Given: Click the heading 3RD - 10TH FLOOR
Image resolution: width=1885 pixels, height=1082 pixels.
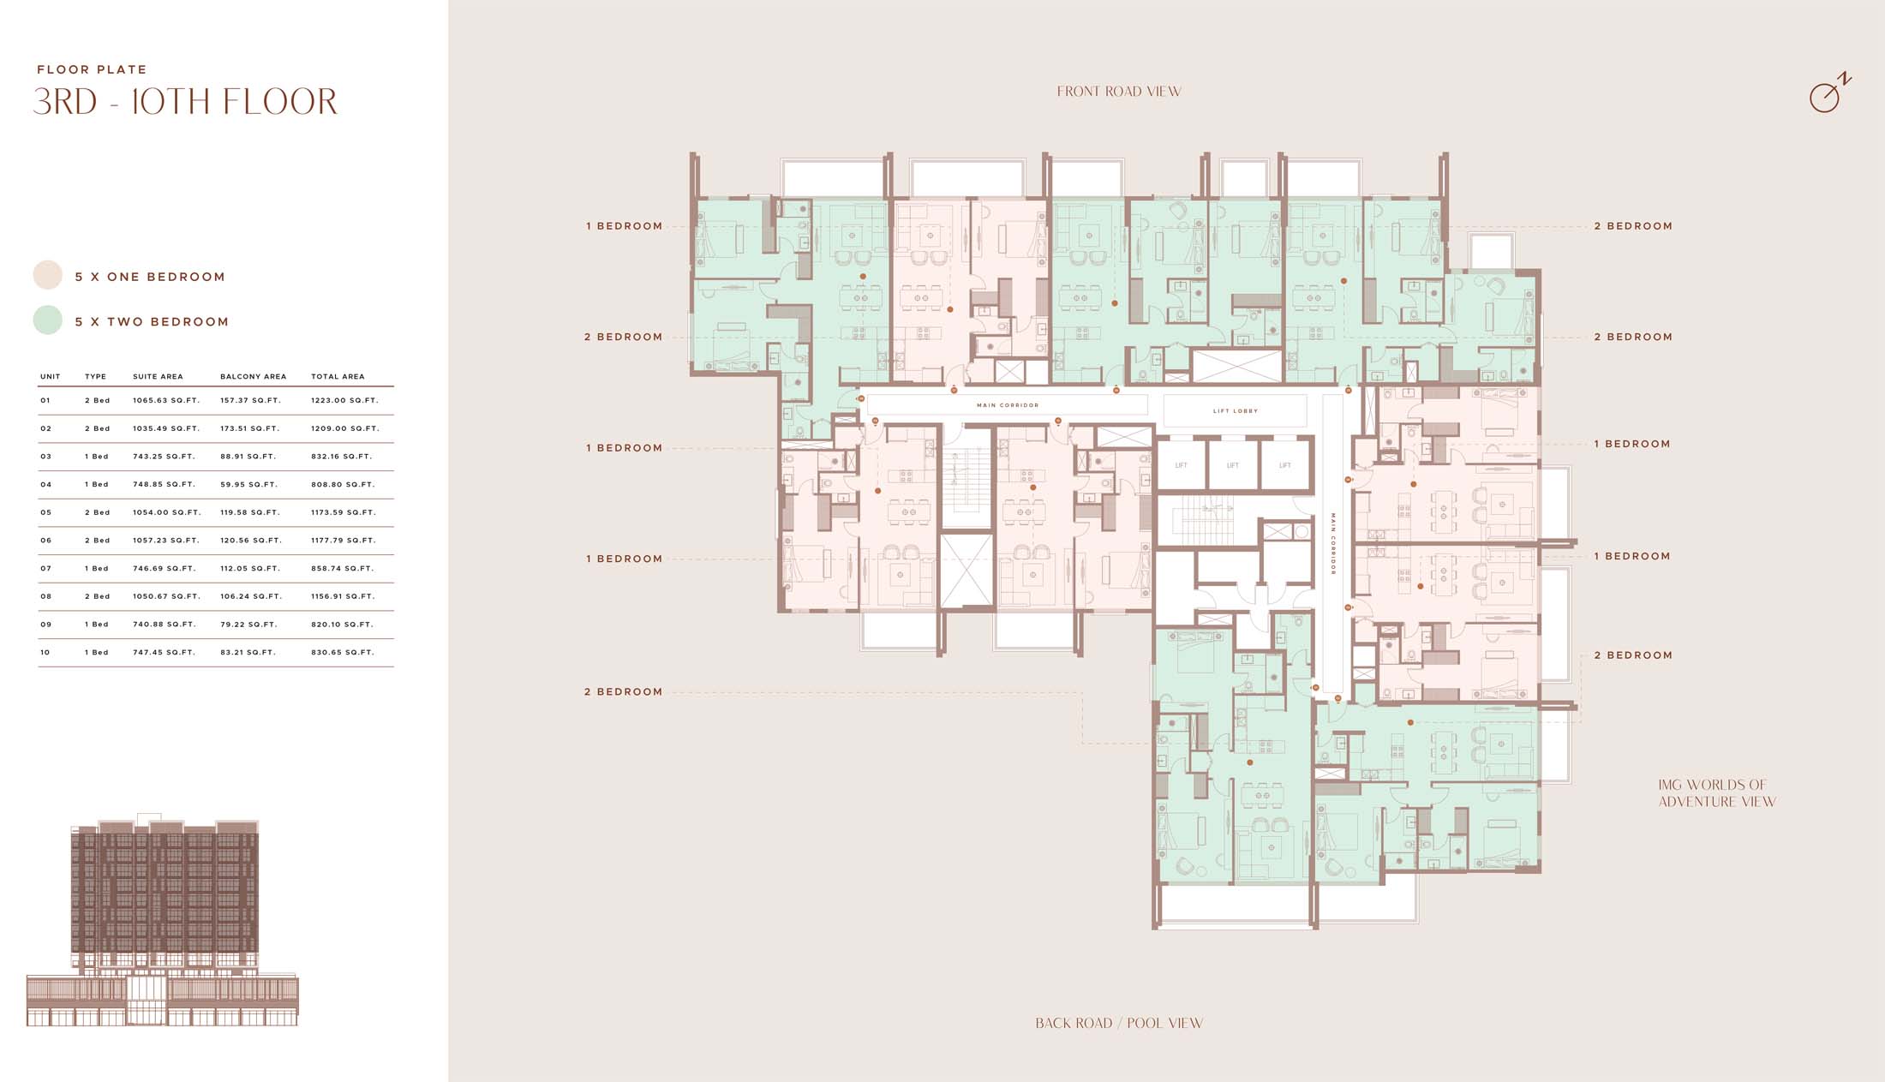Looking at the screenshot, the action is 185,101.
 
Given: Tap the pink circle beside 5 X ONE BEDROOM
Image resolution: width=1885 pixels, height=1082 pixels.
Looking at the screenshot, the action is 48,275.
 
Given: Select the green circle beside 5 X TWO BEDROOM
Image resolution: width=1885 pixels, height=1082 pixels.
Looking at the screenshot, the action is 48,320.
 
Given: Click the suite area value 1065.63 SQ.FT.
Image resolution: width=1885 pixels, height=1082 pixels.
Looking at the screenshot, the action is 166,400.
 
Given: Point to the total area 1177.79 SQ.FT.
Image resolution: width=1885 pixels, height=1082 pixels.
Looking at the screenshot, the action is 344,541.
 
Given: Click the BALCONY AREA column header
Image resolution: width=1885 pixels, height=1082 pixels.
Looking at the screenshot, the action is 254,376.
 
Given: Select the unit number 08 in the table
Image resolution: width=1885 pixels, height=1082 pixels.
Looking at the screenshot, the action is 46,596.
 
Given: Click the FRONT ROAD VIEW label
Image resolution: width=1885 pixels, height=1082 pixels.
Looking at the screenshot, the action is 1119,92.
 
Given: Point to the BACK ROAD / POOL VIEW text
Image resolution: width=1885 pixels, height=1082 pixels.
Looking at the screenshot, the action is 1119,1023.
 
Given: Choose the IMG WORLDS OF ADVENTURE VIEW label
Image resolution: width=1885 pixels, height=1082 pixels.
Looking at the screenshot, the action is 1717,793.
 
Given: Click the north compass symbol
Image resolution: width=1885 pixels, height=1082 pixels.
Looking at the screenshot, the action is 1829,93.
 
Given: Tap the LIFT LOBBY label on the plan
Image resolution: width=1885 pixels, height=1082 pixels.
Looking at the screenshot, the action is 1236,411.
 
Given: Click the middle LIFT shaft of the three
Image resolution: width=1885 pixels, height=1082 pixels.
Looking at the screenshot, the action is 1233,465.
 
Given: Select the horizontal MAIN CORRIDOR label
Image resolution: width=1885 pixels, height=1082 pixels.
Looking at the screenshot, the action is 1008,405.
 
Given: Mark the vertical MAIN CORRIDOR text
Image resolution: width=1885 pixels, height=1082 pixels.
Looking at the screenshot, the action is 1333,544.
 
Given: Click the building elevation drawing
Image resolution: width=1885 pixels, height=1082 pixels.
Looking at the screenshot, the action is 163,920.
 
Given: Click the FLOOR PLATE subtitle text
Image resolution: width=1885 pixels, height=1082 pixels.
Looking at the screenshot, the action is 92,69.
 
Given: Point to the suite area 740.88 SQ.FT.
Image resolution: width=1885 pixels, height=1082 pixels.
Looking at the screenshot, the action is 165,625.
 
